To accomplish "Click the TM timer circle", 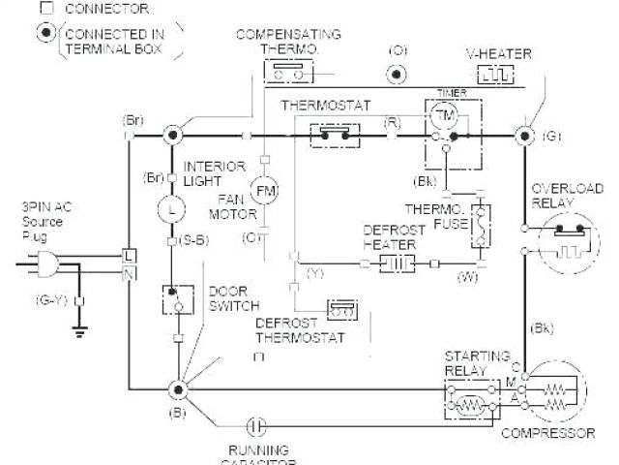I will coord(443,114).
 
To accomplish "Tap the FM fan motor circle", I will coord(264,190).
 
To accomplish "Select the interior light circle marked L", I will coord(173,207).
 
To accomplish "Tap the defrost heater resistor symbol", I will coord(396,263).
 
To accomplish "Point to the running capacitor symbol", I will coord(253,423).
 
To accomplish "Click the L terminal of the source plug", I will coord(129,254).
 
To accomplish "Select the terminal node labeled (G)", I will coord(526,134).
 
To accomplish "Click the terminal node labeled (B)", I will coord(177,389).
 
